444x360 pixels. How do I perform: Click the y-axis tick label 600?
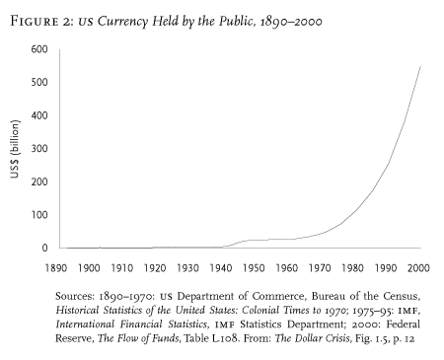40,49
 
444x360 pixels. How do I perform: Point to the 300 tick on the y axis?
40,148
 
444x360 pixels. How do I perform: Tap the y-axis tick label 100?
40,214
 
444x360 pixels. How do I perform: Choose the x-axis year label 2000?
421,267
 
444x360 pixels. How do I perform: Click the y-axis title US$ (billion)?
14,149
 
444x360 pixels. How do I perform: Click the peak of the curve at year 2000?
420,66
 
